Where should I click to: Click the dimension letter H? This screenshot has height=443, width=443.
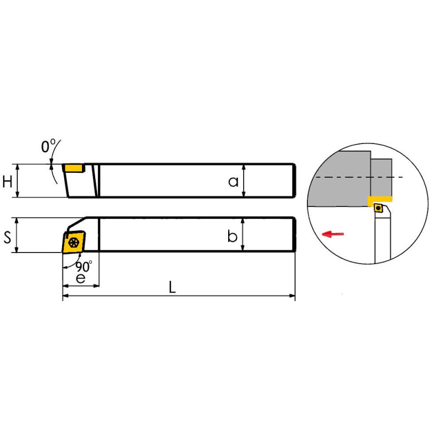7,182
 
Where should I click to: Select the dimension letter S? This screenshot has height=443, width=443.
7,237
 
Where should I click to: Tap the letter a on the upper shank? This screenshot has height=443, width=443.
233,182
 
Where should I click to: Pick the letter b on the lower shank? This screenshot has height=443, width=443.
232,236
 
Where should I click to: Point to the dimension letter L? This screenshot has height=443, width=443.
172,287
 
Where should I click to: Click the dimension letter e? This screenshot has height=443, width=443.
81,279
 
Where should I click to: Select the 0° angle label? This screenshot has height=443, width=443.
48,146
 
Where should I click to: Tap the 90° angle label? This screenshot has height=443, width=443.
84,266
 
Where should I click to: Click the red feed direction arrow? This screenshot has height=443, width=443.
333,234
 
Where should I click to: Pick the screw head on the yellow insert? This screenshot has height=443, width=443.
74,243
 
